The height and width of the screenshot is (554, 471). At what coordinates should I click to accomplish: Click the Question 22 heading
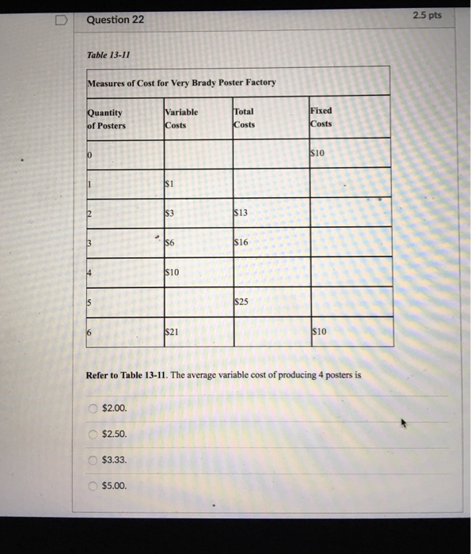pos(116,20)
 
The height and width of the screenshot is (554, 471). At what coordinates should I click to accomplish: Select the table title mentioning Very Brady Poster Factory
pos(181,83)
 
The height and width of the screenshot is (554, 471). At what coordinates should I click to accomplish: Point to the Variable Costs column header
pos(181,119)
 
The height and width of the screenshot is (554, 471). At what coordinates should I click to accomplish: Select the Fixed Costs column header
pos(321,117)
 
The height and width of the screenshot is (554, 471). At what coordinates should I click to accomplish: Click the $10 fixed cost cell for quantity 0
pos(319,152)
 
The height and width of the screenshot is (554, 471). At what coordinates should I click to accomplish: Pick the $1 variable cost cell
pos(169,183)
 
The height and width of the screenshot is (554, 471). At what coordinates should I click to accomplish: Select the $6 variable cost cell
pos(171,243)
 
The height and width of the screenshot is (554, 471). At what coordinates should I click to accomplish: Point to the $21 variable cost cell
pos(172,332)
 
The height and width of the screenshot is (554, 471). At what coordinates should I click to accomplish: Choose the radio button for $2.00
pos(93,408)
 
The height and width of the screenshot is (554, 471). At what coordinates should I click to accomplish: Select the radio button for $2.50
pos(93,434)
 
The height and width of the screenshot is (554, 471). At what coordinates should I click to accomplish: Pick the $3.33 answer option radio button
pos(93,460)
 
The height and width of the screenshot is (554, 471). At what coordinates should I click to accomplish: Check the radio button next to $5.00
pos(93,486)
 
